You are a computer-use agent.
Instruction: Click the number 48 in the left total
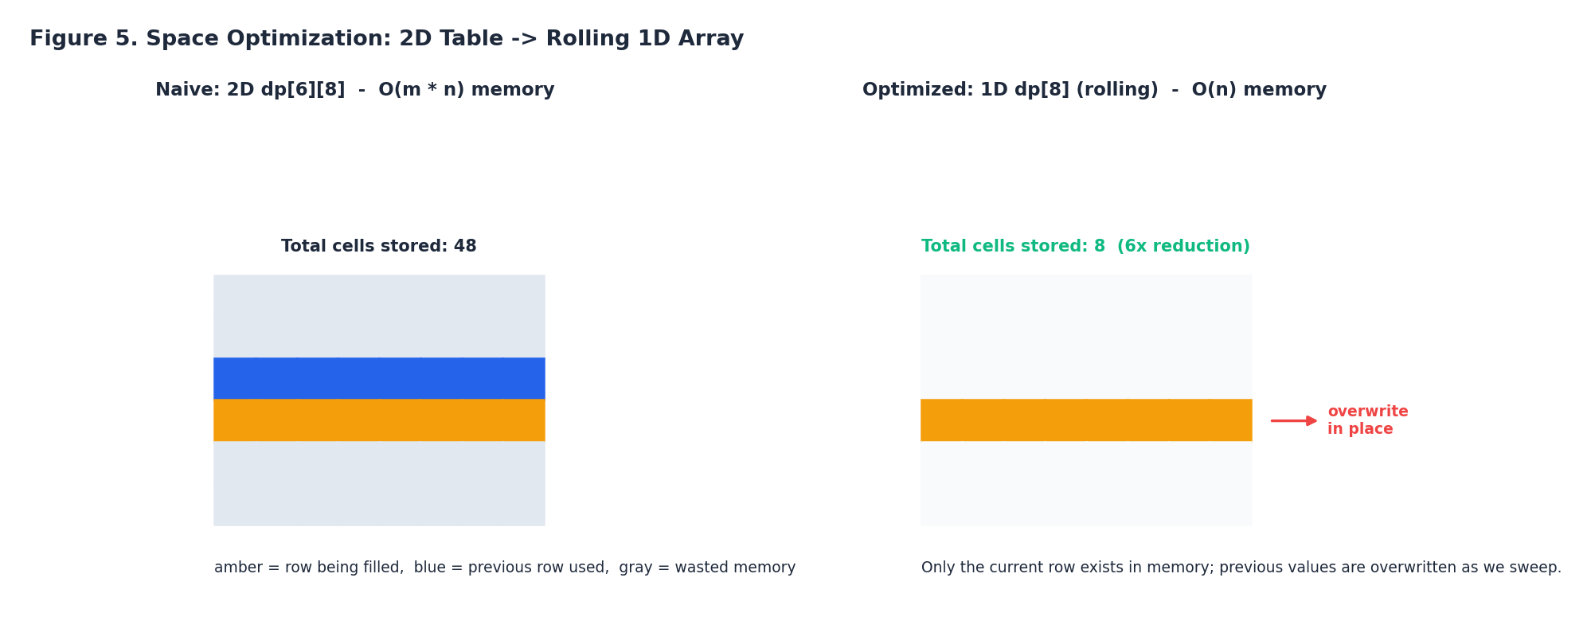465,247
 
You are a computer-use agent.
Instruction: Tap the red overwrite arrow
1293,420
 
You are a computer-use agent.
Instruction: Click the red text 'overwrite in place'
1366,420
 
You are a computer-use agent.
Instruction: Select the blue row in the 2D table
379,378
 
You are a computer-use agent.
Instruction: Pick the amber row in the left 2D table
379,420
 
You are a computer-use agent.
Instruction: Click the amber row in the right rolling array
1086,420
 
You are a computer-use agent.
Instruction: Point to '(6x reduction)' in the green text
1183,247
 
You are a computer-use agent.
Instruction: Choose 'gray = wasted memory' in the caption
706,568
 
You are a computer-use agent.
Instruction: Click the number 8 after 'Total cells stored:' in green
1099,247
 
